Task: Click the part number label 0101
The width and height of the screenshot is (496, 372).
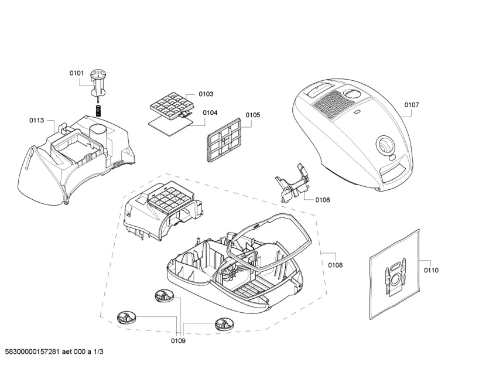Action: [x=77, y=73]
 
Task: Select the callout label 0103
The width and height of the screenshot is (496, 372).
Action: [x=206, y=94]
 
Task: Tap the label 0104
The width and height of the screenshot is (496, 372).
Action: [x=210, y=112]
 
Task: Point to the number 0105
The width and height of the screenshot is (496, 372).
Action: [x=252, y=115]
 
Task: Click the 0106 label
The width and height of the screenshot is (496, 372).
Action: [x=322, y=200]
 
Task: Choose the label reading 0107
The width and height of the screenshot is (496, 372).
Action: [x=412, y=105]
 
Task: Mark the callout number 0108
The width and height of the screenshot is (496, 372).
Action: [x=335, y=265]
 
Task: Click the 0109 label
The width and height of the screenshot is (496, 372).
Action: [x=178, y=340]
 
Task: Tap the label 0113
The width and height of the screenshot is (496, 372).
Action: [x=36, y=120]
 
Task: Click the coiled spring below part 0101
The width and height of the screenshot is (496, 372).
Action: [x=99, y=110]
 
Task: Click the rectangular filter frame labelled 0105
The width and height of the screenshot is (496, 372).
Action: [x=224, y=138]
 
